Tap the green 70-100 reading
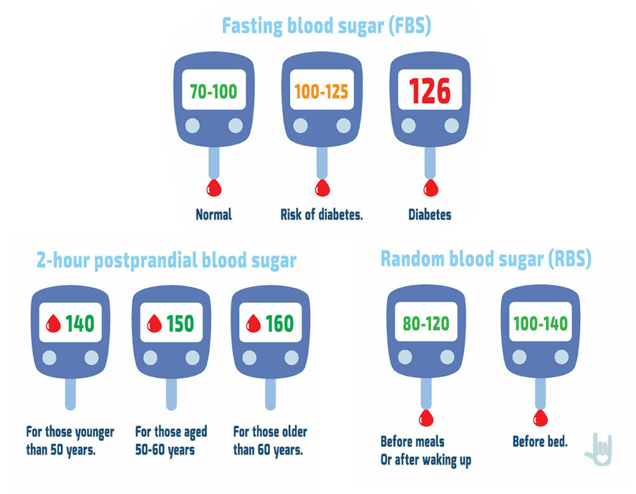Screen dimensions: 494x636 tap(213, 92)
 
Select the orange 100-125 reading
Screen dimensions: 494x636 tap(321, 92)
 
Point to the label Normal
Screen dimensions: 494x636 tap(213, 215)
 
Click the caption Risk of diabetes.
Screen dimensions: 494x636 tap(321, 215)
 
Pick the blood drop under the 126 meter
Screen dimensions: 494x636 tap(429, 187)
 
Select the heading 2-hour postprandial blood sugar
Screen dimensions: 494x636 tap(166, 261)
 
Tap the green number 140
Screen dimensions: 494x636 tap(79, 323)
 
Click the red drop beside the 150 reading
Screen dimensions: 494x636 tap(153, 323)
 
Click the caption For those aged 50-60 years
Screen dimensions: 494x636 tap(171, 440)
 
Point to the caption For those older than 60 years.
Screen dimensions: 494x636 tap(270, 440)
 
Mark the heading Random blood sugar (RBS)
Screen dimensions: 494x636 tap(486, 259)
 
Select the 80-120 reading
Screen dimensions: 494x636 tap(425, 323)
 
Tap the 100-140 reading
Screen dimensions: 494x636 tap(540, 323)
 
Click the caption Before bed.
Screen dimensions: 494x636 tap(540, 442)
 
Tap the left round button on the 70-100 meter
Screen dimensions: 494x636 tap(192, 126)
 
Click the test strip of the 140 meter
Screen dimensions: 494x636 tap(70, 394)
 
